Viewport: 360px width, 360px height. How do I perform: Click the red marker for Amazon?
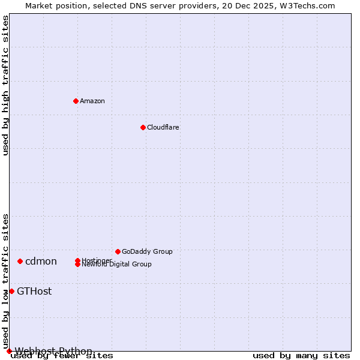click(x=76, y=101)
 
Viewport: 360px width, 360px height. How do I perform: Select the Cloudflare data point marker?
click(x=143, y=127)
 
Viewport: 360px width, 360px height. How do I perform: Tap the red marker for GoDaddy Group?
click(x=118, y=251)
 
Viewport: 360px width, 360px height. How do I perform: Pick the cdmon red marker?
click(x=20, y=261)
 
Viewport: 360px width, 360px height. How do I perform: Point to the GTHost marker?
click(x=11, y=291)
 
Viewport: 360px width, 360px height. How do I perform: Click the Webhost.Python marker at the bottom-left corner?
click(x=9, y=351)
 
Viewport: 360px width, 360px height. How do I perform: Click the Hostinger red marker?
click(x=77, y=260)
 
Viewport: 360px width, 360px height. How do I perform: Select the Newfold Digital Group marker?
click(x=77, y=265)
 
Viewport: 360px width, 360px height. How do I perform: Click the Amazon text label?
click(x=92, y=101)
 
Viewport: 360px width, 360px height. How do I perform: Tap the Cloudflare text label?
click(x=163, y=127)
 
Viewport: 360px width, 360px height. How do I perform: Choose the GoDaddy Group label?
click(x=147, y=251)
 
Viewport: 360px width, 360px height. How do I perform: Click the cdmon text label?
click(x=41, y=261)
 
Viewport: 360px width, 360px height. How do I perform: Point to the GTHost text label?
click(x=34, y=291)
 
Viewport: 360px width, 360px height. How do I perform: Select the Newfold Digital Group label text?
click(x=117, y=265)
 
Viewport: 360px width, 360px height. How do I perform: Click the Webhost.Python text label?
click(x=53, y=351)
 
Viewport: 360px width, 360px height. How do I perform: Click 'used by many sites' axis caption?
click(x=301, y=356)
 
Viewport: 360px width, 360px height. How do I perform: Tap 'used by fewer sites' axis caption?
click(x=62, y=356)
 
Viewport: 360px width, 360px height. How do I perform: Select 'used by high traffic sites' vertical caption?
click(x=5, y=85)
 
